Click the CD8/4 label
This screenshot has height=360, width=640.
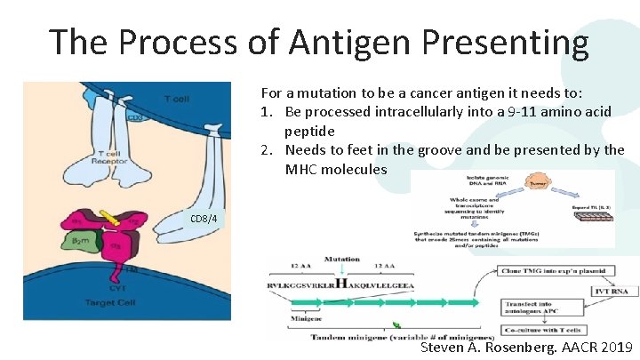pyautogui.click(x=204, y=217)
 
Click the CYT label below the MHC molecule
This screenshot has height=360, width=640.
pyautogui.click(x=114, y=287)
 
